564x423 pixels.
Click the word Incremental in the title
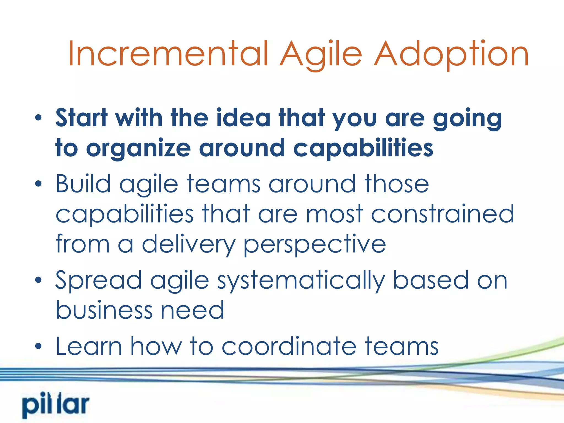point(168,54)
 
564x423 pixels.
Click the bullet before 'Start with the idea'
point(39,118)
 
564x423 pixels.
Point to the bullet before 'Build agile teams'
point(39,184)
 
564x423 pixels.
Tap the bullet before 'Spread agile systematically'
point(39,280)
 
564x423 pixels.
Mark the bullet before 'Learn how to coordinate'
point(39,346)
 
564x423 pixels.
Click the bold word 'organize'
point(138,149)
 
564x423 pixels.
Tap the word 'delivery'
point(188,245)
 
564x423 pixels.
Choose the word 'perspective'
point(314,245)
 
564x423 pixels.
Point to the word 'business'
point(104,310)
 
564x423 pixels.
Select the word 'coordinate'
point(289,346)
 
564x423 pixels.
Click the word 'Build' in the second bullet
point(83,184)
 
